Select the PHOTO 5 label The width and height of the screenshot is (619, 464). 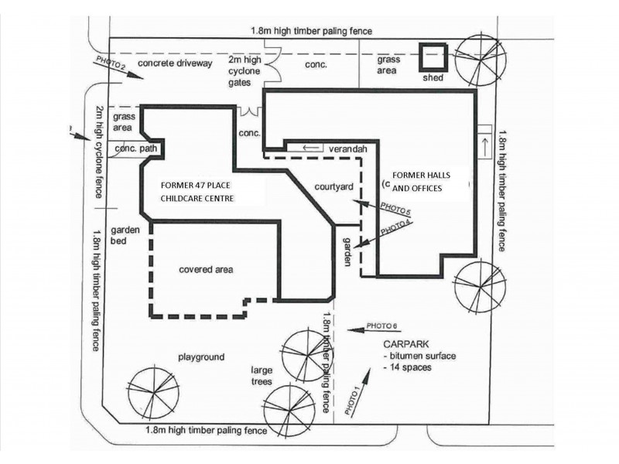click(395, 210)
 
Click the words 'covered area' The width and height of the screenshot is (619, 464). click(206, 270)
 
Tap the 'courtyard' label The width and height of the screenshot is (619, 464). click(334, 187)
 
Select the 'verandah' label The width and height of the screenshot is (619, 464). click(347, 148)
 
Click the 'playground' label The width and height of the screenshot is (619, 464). click(201, 357)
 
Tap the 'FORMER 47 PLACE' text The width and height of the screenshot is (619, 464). click(197, 186)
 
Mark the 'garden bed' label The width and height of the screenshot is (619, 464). click(124, 235)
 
